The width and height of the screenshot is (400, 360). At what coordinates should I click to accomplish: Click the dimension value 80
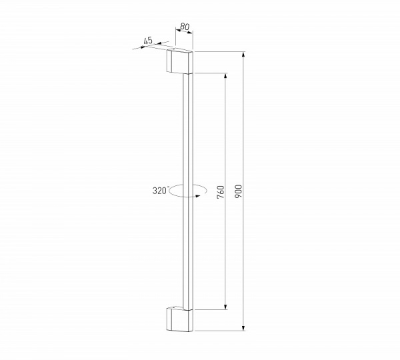[x=185, y=27]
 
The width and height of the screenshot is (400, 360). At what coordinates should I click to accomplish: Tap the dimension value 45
[x=148, y=41]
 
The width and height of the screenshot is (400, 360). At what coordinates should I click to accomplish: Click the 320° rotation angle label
[x=159, y=190]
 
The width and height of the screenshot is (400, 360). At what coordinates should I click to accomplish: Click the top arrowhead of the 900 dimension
[x=244, y=55]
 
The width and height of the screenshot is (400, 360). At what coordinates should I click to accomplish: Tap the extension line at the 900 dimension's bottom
[x=220, y=330]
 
